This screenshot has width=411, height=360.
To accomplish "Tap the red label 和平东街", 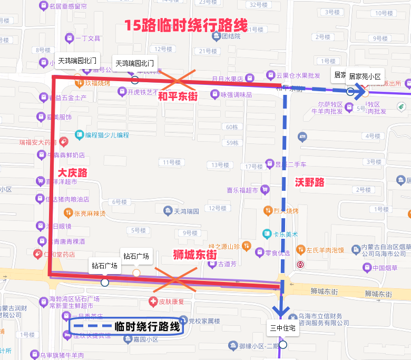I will point(178,97).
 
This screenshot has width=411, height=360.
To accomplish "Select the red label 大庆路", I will point(72,173).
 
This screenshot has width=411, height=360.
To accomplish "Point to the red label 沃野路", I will point(309,182).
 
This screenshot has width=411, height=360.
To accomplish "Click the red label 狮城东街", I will point(195,254).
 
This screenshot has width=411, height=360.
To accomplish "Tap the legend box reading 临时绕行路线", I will point(125,326).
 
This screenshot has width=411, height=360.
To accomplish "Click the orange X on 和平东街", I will point(178,80).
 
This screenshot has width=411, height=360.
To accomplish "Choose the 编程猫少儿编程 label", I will point(102,135).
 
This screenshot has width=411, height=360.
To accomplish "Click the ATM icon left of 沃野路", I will point(302,137).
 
